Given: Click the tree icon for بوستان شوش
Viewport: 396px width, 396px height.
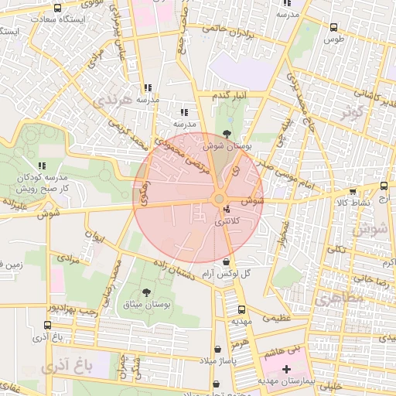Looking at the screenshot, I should coord(226,135).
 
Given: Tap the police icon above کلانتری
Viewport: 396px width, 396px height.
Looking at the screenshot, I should coord(226,210).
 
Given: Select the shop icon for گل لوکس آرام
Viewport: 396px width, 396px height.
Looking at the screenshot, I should coord(226,261).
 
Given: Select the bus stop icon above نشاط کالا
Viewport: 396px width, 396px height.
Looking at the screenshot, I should coord(353,192).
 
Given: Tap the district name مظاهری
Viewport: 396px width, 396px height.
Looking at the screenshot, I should coord(333,295).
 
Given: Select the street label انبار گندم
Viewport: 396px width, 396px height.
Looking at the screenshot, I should coord(229,94).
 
